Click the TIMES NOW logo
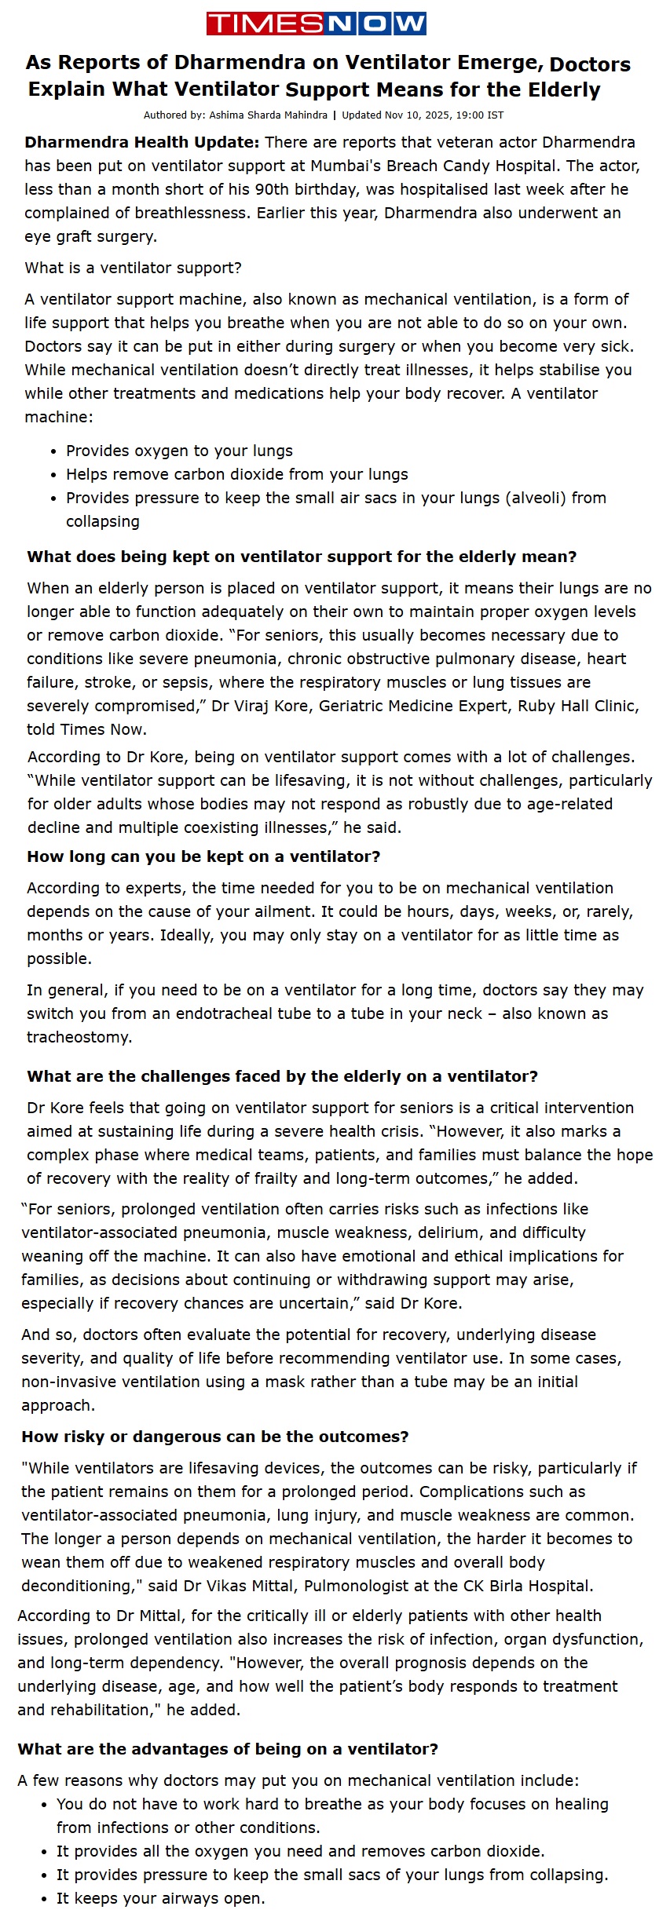316,24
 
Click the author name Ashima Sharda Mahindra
268,115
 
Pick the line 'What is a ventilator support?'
134,268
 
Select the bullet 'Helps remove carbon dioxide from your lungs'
236,474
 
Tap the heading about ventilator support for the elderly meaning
302,557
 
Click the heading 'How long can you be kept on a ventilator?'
203,856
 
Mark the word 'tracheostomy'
79,1037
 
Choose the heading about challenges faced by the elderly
282,1076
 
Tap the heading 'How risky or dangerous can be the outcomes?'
215,1437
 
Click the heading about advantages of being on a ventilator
228,1749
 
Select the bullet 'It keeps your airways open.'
160,1898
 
